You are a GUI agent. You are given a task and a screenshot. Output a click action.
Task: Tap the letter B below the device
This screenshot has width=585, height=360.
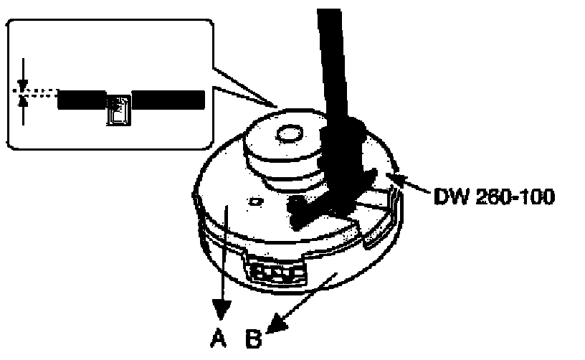coord(255,336)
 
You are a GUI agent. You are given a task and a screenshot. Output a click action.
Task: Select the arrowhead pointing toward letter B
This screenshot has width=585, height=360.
coord(273,326)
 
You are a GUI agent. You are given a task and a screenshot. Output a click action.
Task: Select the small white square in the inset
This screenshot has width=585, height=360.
coord(118,110)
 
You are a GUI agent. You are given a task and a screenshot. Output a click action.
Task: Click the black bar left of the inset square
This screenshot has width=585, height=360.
coord(82,100)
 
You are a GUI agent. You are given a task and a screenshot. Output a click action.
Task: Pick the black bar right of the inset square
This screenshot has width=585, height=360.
coord(168,100)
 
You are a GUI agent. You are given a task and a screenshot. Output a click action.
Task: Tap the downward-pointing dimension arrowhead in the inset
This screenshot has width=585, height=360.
coord(23,84)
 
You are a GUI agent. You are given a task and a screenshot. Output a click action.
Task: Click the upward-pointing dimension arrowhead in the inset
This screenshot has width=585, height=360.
coord(24,102)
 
